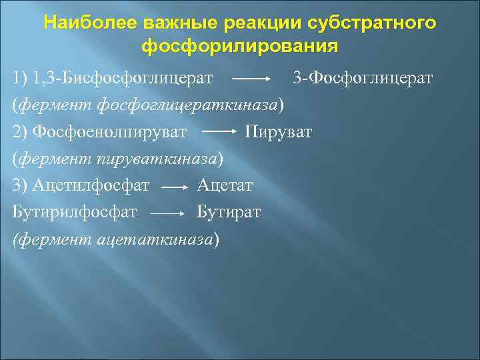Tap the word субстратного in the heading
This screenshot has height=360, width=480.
373,23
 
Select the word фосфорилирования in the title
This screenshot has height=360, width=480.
239,47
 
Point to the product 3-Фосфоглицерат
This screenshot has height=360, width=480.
363,79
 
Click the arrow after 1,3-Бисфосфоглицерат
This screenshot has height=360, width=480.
250,80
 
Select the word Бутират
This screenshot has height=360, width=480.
229,212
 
